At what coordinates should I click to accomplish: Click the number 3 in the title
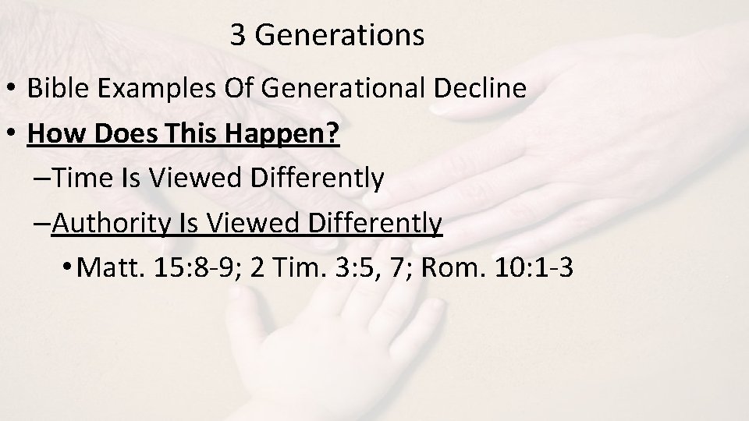(x=239, y=36)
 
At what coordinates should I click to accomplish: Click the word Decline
(x=484, y=88)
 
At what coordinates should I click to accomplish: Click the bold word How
(x=51, y=133)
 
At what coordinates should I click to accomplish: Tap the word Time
(x=85, y=179)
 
